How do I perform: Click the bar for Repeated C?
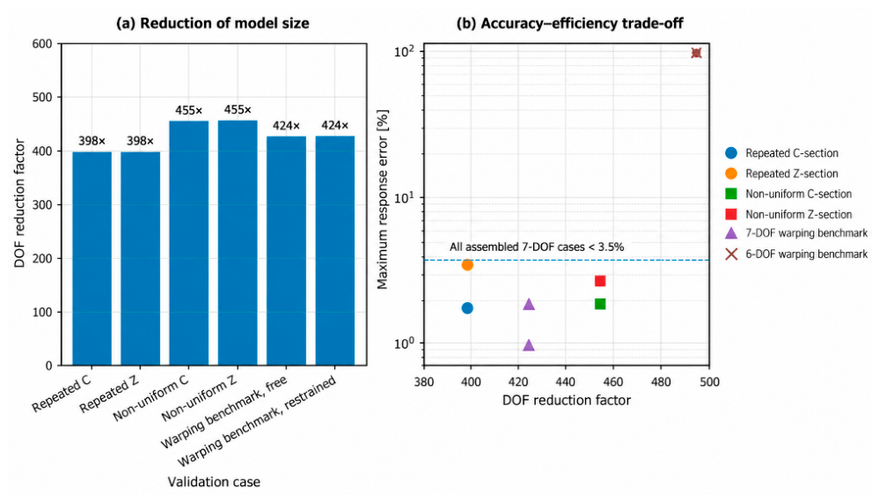tap(92, 259)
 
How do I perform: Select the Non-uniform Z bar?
tap(238, 243)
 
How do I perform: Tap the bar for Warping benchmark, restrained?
tap(334, 251)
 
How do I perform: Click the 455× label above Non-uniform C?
tap(189, 110)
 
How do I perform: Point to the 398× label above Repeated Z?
tap(140, 141)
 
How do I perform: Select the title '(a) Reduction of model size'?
tap(212, 23)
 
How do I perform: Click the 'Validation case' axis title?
tap(214, 482)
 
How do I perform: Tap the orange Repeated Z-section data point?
tap(467, 265)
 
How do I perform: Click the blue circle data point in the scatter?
tap(467, 308)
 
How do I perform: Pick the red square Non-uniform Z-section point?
tap(600, 281)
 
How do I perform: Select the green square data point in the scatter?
tap(600, 304)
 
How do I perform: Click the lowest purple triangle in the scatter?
tap(529, 345)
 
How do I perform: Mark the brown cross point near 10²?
tap(696, 53)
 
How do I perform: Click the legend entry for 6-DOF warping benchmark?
tap(796, 255)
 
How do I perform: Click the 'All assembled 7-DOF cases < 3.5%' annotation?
tap(537, 247)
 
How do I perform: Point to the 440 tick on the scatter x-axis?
tap(566, 382)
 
